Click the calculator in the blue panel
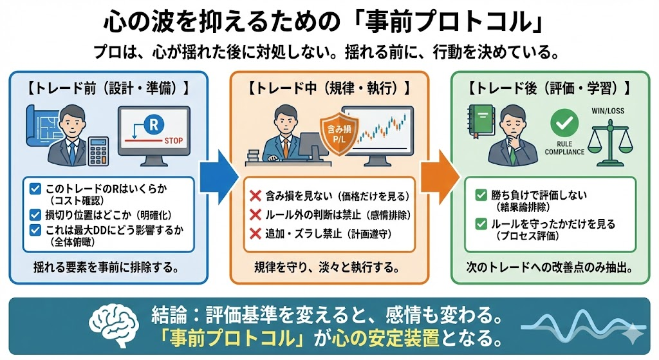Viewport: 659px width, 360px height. [98, 151]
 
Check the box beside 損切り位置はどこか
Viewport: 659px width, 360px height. [37, 214]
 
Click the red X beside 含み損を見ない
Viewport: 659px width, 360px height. [254, 193]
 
